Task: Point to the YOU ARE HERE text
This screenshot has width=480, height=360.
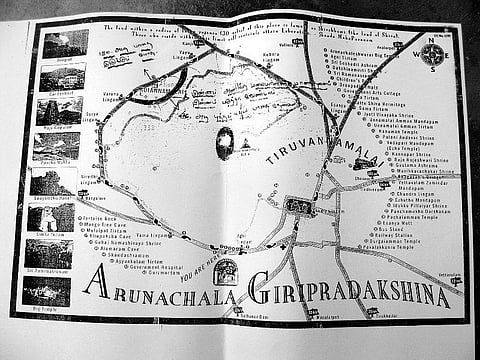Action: point(206,269)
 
